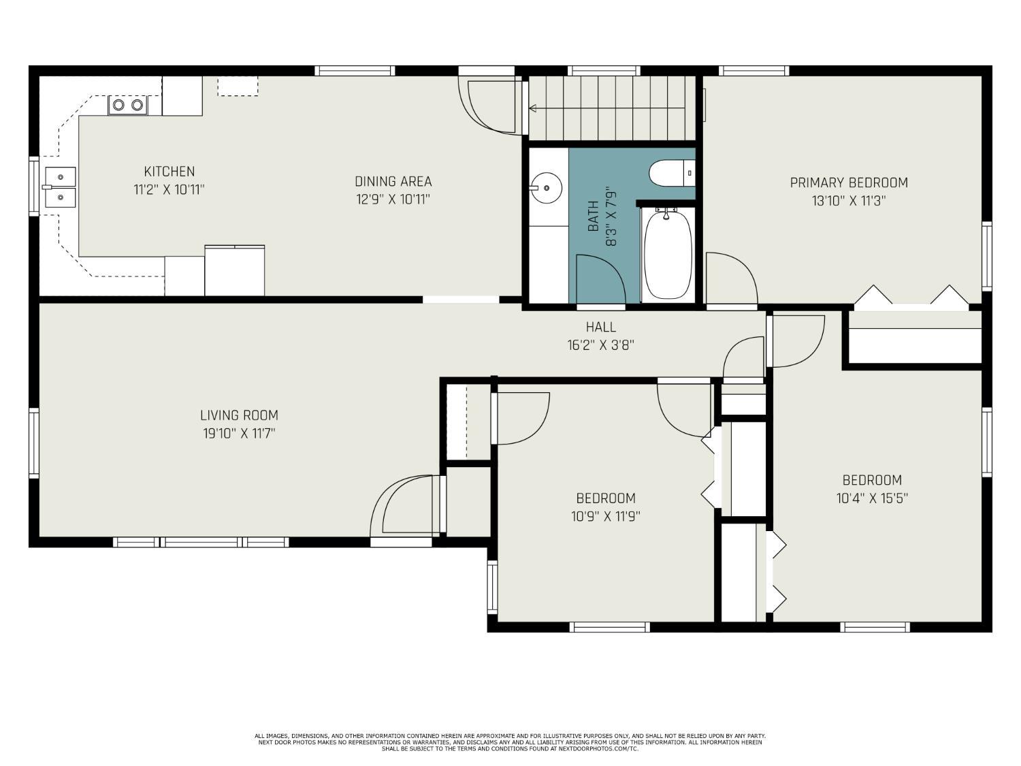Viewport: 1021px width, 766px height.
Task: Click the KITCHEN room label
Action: point(169,172)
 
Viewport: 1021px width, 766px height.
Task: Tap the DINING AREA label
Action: point(393,181)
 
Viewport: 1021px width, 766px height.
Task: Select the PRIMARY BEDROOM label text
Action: point(849,182)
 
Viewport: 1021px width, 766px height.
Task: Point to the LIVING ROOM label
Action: point(239,415)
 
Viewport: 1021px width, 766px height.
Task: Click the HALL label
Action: point(601,327)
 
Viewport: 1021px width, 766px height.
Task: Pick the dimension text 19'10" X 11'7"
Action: point(239,434)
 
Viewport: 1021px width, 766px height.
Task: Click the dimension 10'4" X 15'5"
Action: point(872,498)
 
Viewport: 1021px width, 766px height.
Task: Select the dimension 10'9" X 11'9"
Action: point(606,517)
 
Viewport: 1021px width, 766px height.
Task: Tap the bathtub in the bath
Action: point(668,254)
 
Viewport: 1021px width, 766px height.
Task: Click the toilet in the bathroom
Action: point(672,174)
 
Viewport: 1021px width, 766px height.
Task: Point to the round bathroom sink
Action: point(546,188)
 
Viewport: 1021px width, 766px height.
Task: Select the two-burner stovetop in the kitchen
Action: point(128,106)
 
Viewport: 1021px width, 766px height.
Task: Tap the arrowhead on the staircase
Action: point(533,109)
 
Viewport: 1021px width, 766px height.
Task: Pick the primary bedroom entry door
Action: point(732,279)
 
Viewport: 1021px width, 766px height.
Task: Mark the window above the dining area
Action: point(355,71)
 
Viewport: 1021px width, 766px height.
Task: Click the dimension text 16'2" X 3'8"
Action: point(601,346)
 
